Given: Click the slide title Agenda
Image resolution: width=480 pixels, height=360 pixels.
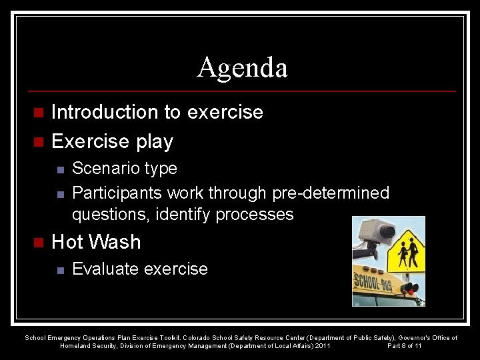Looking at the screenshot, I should click(242, 68).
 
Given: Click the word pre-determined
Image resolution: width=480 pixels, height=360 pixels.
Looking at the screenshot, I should click(331, 193).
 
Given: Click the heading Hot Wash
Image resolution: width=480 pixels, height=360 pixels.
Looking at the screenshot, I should click(96, 242).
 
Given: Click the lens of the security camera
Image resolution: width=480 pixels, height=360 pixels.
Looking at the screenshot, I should click(386, 231).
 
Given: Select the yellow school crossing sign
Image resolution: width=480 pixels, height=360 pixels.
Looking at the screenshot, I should click(407, 251).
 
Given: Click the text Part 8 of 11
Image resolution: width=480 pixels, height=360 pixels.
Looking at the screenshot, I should click(404, 346).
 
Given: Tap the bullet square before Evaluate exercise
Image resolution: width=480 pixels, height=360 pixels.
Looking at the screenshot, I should click(59, 270).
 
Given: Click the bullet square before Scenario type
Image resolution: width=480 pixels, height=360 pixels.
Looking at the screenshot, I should click(59, 169).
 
